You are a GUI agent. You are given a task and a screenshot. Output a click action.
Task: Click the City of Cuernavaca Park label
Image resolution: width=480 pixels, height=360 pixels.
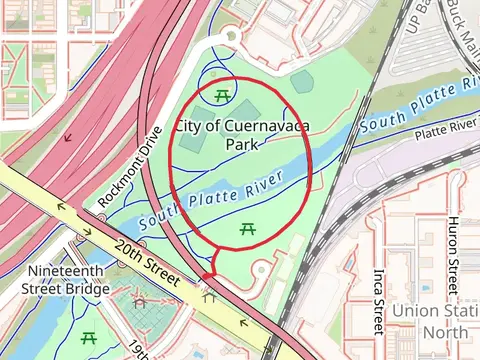tap(241, 134)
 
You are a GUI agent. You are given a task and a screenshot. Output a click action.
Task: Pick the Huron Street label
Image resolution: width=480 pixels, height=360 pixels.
tap(453, 254)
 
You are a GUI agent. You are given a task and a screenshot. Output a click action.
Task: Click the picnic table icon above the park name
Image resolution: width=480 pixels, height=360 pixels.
tap(221, 95)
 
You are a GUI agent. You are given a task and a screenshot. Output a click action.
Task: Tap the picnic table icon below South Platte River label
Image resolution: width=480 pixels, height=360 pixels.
tap(247, 230)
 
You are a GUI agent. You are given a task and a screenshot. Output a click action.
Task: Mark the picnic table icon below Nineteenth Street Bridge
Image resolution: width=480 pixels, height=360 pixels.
tap(89, 337)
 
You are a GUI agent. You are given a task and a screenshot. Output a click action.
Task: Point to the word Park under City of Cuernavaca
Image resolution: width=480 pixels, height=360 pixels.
tap(241, 144)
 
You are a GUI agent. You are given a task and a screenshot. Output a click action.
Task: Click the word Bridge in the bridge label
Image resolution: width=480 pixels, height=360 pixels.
tap(87, 289)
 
